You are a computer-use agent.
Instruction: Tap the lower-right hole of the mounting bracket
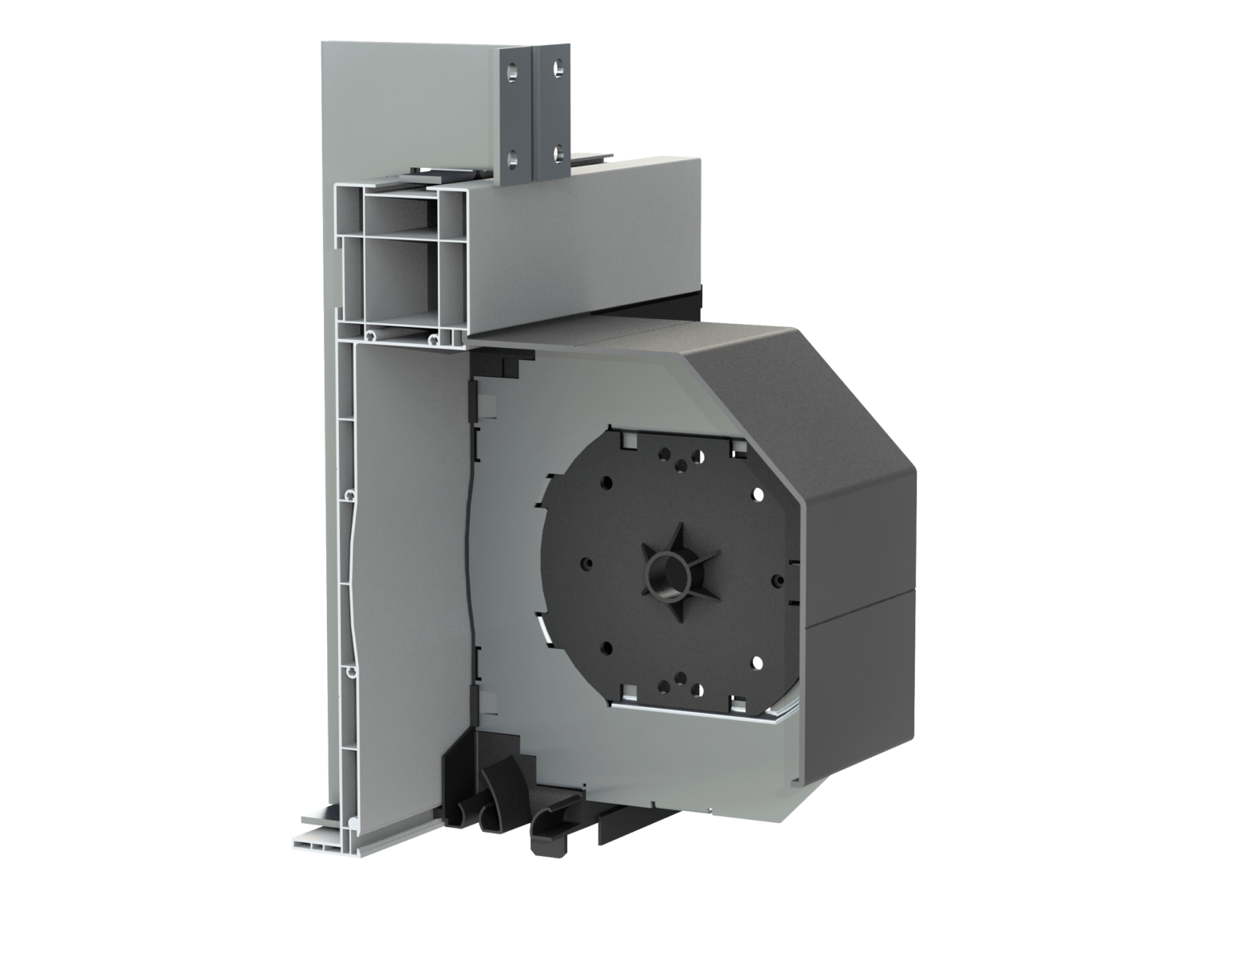point(557,149)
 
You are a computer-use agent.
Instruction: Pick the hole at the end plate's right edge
point(776,578)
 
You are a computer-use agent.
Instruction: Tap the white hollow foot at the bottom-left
point(321,841)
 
